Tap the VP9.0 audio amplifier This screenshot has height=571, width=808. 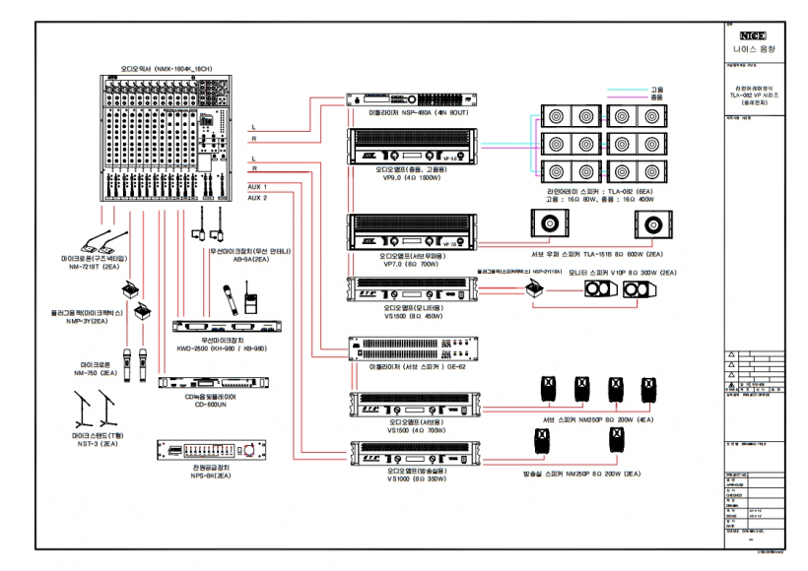tap(414, 148)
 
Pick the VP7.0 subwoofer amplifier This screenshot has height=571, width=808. tap(414, 234)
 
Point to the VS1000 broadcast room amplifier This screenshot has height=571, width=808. tap(414, 455)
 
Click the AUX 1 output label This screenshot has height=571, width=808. tap(257, 185)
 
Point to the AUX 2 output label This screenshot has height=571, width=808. tap(257, 197)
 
